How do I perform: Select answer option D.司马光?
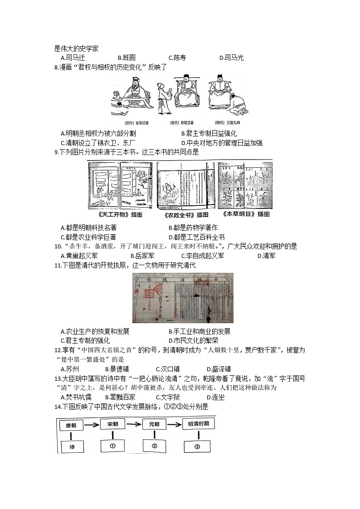(231, 58)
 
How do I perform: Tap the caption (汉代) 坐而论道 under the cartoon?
(137, 123)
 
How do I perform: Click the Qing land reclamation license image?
(182, 297)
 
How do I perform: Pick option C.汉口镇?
(168, 369)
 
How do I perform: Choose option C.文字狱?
(168, 398)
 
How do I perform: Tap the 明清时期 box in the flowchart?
(197, 425)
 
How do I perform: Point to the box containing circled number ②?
(154, 446)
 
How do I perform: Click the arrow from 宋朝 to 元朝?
(135, 425)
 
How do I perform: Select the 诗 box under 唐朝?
(72, 446)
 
